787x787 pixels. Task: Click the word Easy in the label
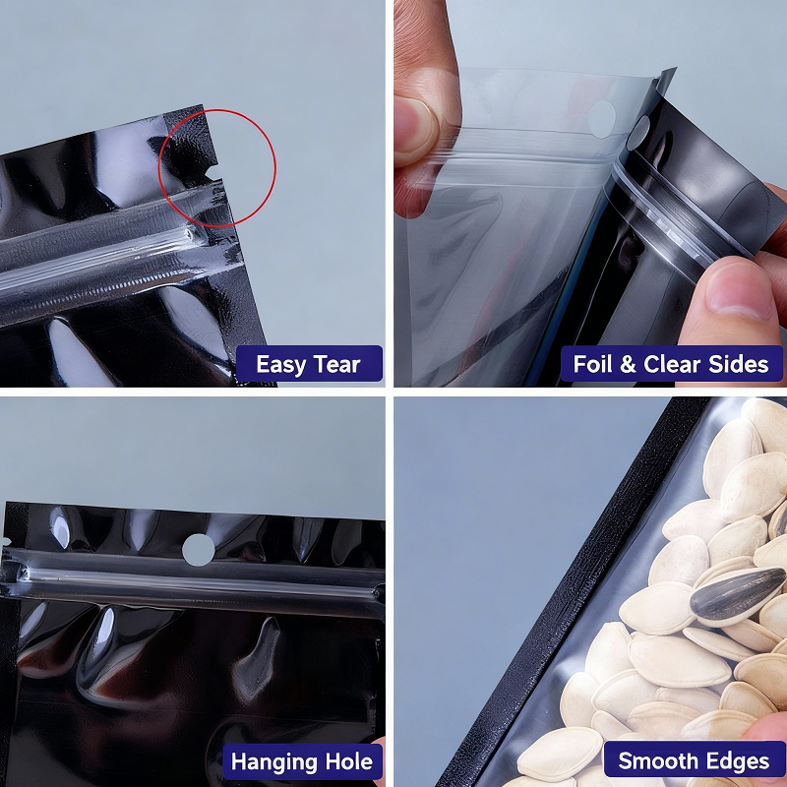pos(280,364)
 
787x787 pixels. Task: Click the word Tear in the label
pos(337,364)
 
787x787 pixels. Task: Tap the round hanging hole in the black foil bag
pos(199,550)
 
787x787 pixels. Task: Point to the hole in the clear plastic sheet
pos(601,120)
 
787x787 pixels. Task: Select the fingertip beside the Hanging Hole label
pos(380,742)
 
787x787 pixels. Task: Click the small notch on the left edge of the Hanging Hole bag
pos(6,542)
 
